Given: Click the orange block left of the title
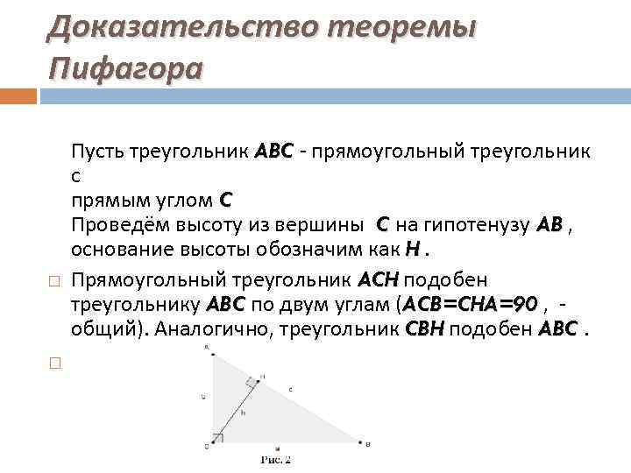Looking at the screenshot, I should [x=17, y=95].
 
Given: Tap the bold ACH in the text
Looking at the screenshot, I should [x=378, y=279].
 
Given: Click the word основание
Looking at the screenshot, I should [x=114, y=250].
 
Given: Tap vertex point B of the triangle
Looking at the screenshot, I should [x=360, y=443].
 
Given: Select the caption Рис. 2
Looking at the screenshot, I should [x=275, y=459].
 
